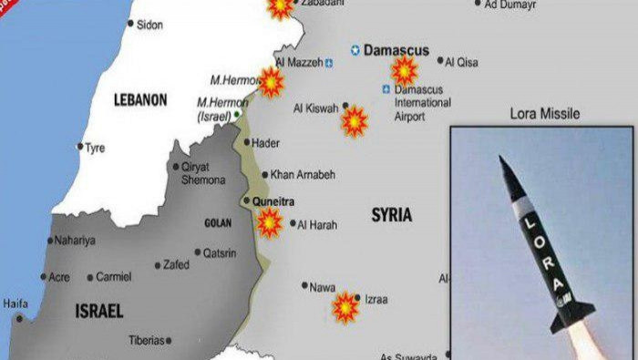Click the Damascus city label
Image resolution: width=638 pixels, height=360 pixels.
coord(396,51)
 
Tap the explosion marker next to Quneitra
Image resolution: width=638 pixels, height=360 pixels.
coord(269,221)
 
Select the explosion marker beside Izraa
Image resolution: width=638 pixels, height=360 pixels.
coord(345,308)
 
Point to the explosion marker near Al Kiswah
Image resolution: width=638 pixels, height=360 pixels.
coord(354,120)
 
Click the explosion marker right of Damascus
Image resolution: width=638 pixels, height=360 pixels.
coord(404,69)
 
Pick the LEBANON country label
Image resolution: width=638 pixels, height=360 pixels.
coord(140,100)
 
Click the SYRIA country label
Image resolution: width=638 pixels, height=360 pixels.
coord(391,215)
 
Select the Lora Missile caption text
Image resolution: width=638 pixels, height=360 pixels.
coord(545,114)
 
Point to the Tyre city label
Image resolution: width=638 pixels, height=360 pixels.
coord(95,148)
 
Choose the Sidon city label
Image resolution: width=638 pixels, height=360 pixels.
coord(149,25)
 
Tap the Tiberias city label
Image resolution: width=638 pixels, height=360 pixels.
coord(146,340)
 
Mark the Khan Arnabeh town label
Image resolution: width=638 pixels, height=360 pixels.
coord(303,174)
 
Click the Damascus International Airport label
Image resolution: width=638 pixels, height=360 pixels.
coord(421,103)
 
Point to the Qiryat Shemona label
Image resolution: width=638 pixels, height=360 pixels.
coord(202,173)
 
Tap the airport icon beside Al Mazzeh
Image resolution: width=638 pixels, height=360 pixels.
coord(329,63)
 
